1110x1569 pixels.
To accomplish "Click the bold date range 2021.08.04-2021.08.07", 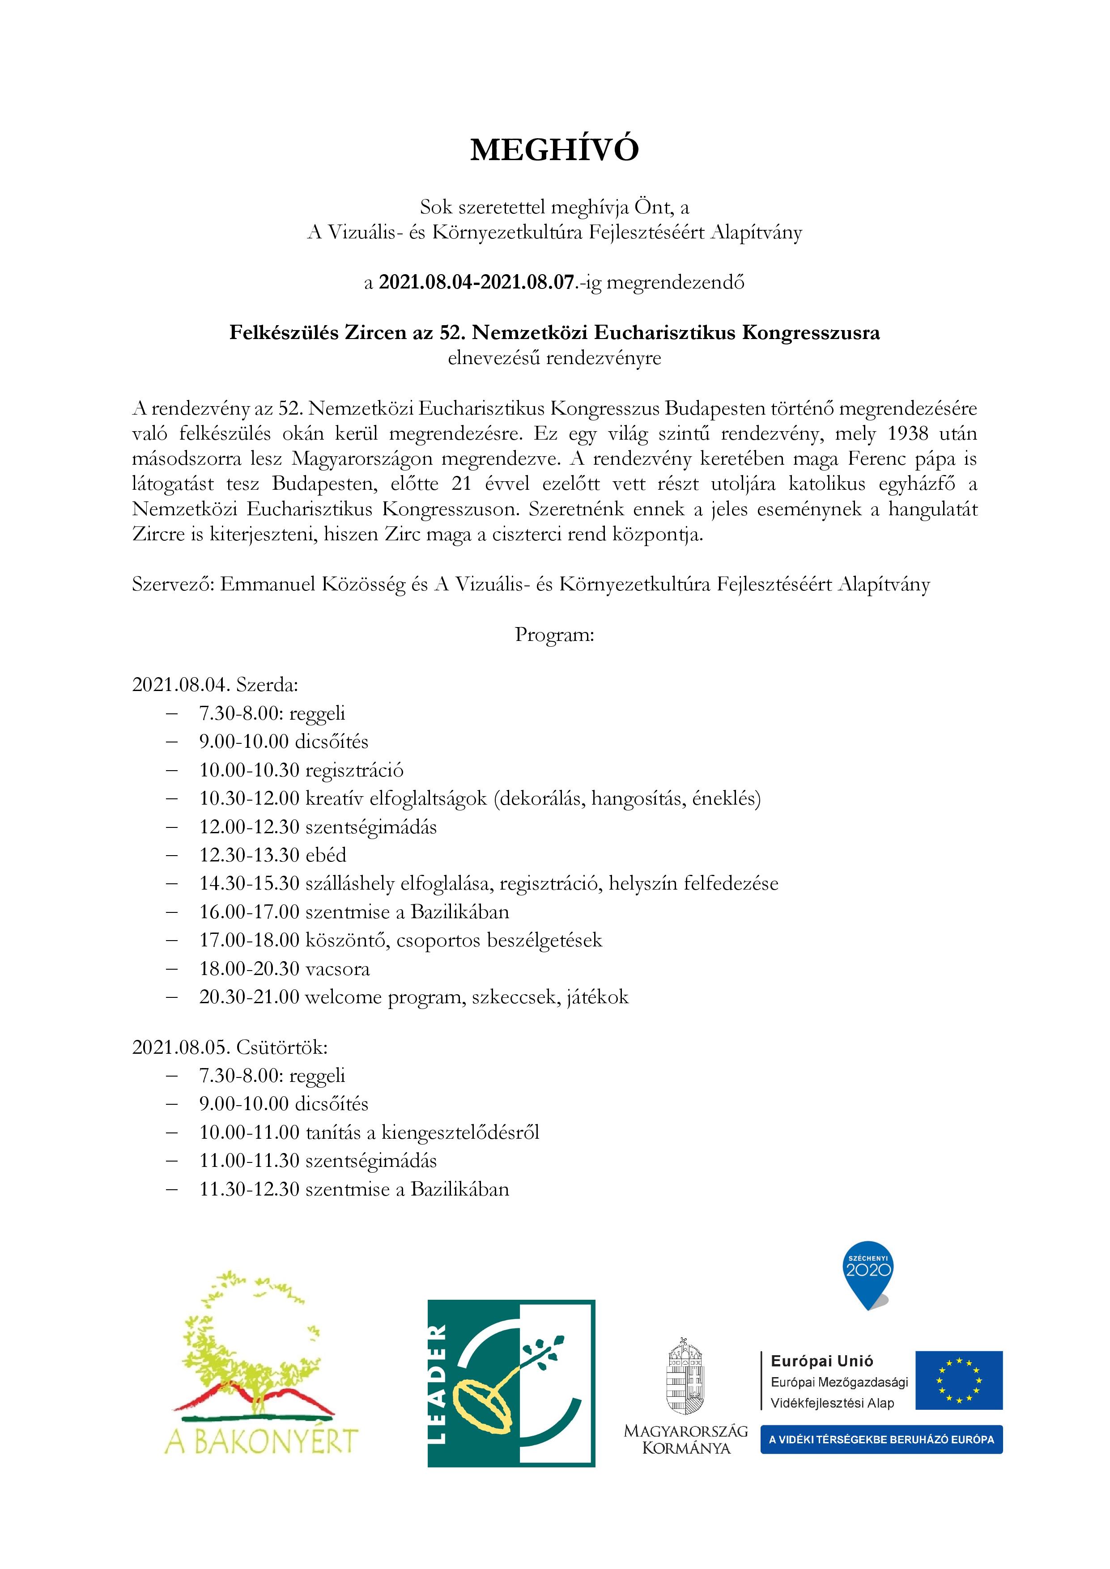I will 476,282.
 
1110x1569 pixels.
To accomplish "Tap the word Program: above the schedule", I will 554,635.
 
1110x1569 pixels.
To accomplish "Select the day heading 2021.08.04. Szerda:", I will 215,685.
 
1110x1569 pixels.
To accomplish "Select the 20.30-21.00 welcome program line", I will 413,997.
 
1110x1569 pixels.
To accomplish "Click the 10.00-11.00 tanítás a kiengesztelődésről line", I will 369,1132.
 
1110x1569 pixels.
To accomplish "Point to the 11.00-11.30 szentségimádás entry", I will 318,1160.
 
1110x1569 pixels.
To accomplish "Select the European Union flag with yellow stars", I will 959,1380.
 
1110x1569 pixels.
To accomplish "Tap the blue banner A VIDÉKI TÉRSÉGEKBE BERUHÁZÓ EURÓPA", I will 881,1439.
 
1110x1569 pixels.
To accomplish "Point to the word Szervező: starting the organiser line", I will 173,585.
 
